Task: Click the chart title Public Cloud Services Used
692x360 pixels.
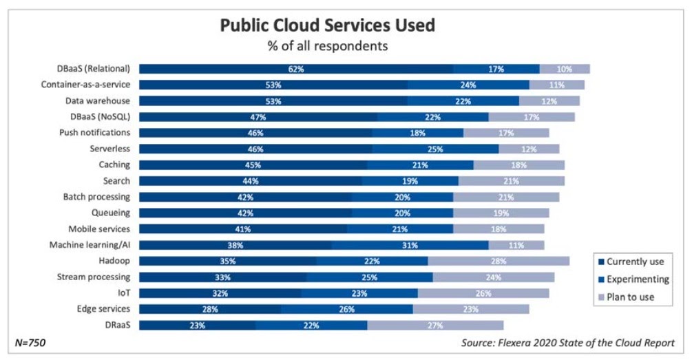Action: (327, 25)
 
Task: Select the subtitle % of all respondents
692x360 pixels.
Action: (327, 47)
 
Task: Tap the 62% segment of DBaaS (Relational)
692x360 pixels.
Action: (296, 69)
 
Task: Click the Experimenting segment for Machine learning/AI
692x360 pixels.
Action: (410, 245)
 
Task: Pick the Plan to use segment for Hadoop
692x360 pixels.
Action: (499, 262)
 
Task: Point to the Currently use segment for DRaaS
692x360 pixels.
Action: (198, 326)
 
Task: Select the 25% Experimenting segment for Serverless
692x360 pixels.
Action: (435, 149)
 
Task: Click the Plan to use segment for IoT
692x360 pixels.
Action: (483, 293)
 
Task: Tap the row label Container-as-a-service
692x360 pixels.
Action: (85, 85)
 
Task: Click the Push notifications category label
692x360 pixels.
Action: (94, 133)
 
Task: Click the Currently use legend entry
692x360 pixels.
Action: (634, 262)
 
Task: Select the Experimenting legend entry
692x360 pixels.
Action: (637, 279)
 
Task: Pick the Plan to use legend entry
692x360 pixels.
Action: (629, 297)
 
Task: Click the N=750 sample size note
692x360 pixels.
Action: (30, 342)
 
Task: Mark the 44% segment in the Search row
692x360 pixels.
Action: (251, 181)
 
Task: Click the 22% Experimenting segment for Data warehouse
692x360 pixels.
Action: (463, 101)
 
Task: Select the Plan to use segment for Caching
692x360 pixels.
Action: (519, 165)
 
